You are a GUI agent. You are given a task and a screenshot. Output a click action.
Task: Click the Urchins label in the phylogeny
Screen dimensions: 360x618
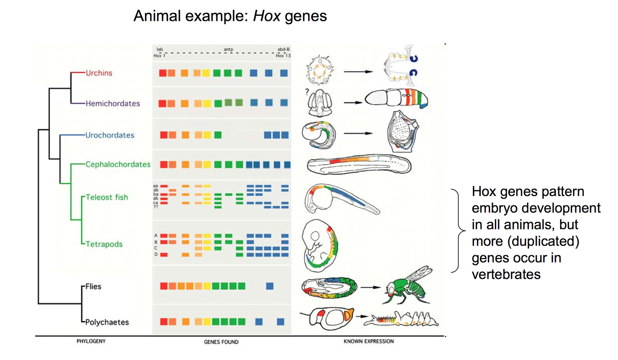pos(99,73)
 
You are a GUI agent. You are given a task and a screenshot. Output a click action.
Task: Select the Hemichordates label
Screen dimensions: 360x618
pos(113,103)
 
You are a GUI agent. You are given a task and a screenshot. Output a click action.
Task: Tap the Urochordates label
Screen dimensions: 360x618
pos(110,135)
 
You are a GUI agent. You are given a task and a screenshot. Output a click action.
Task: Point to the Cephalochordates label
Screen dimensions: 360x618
pos(118,164)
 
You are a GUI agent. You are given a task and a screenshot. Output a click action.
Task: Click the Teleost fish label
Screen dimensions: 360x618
pos(107,197)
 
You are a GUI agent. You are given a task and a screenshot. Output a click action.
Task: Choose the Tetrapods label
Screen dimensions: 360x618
pos(104,244)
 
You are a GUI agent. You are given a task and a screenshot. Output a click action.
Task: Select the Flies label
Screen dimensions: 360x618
pos(93,286)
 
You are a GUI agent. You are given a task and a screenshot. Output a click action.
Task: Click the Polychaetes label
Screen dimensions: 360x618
pos(107,322)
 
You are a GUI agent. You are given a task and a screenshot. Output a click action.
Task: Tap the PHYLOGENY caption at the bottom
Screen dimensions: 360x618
pos(91,341)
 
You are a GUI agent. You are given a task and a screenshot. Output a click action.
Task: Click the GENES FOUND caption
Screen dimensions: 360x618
pos(221,342)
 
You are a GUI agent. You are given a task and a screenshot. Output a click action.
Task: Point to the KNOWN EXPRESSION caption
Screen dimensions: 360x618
pos(369,341)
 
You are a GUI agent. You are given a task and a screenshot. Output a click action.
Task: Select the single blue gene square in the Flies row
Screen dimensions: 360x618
pos(270,286)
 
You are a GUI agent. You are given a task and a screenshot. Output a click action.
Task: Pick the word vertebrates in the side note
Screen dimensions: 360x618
pos(506,274)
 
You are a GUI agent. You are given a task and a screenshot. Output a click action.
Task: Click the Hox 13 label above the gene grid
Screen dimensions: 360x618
pos(283,56)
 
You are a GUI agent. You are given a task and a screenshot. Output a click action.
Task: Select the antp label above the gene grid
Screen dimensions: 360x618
pos(228,50)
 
